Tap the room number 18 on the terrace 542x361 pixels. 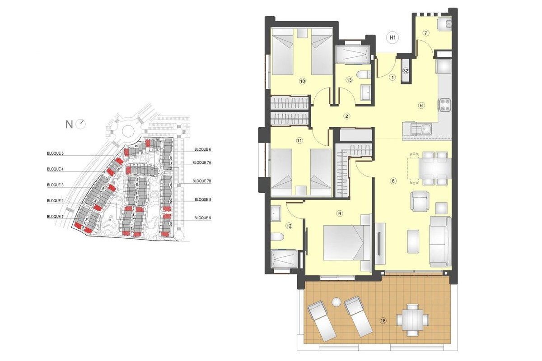click(383, 321)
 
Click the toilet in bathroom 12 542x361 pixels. click(278, 238)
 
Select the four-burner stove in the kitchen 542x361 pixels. click(444, 105)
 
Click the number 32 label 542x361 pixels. click(406, 71)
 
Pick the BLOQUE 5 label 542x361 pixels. click(55, 153)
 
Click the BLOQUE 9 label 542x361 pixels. click(203, 218)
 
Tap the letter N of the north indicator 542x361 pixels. click(69, 125)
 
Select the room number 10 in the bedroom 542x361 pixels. click(302, 81)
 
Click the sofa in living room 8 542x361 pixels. click(439, 242)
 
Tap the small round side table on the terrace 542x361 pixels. click(336, 302)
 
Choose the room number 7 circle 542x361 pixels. click(425, 33)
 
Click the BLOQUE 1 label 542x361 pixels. click(55, 217)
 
